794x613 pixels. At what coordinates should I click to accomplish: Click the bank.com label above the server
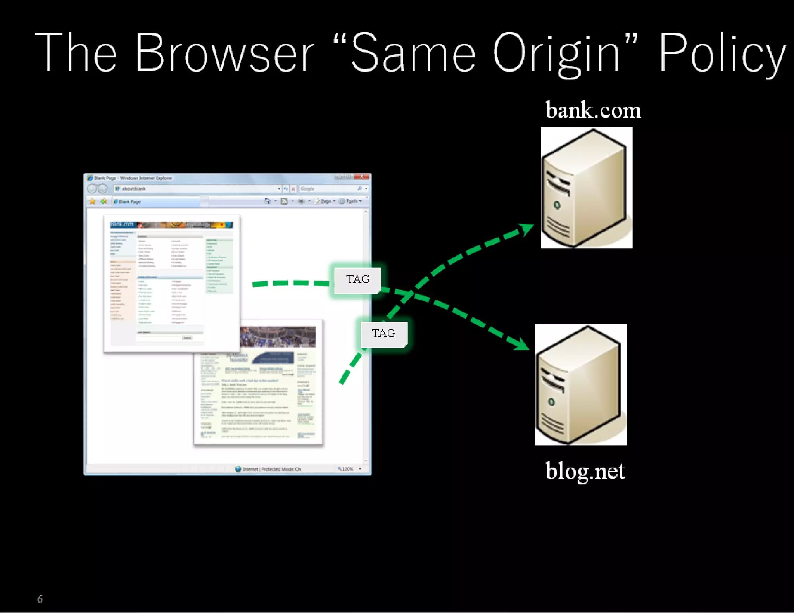tap(593, 110)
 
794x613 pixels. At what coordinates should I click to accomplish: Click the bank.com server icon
tap(586, 188)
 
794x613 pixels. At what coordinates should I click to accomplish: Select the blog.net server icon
tap(581, 385)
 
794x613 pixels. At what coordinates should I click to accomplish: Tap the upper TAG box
tap(357, 279)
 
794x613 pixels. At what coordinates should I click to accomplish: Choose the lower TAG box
tap(383, 334)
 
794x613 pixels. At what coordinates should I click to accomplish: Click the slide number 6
tap(40, 599)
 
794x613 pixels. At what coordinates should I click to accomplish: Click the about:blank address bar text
tap(134, 189)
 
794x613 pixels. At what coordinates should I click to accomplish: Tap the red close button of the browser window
tap(362, 177)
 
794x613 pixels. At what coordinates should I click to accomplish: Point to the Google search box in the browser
tap(328, 189)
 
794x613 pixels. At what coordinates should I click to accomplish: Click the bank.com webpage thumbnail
tap(171, 283)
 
